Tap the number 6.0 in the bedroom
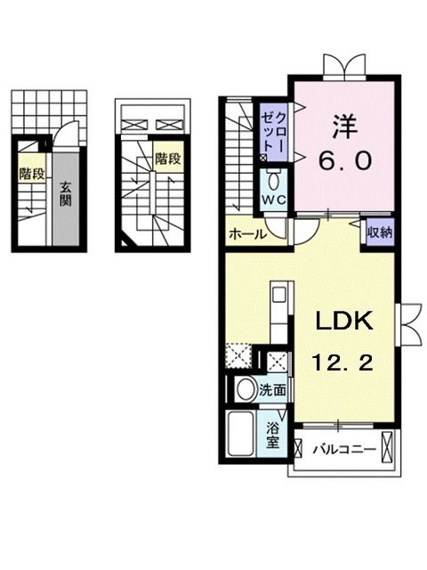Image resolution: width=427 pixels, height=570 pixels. point(342,162)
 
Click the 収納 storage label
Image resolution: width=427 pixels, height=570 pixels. point(380,232)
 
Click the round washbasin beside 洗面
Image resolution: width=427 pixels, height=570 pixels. point(244,388)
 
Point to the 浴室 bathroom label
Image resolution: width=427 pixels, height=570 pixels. point(272,433)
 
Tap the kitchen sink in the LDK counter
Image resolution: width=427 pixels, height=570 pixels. point(277,295)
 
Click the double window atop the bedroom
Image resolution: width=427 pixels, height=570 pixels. point(343,66)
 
